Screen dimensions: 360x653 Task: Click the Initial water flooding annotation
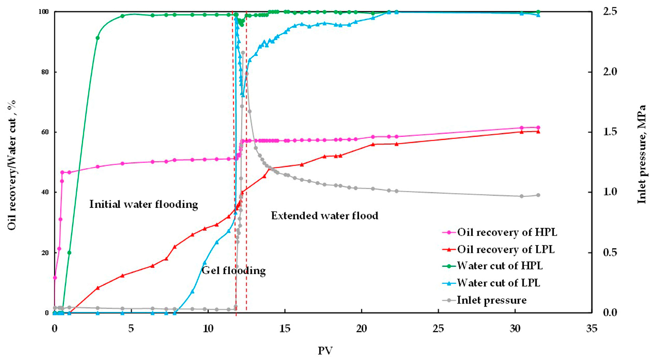(144, 204)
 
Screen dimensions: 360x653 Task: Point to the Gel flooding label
(233, 270)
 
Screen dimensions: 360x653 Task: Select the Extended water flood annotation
(324, 216)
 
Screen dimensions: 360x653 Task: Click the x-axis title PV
(325, 351)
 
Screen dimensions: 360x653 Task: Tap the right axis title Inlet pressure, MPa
(641, 154)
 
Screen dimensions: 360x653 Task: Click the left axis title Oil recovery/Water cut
(12, 165)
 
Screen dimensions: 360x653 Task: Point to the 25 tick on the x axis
(438, 329)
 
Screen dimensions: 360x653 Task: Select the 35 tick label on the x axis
(592, 329)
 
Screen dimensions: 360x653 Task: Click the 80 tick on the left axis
(45, 72)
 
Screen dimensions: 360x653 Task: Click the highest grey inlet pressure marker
(243, 53)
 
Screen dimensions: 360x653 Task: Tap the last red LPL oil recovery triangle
(538, 131)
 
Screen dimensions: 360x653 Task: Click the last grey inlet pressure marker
(538, 195)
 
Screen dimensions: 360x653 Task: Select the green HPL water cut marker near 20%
(69, 253)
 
